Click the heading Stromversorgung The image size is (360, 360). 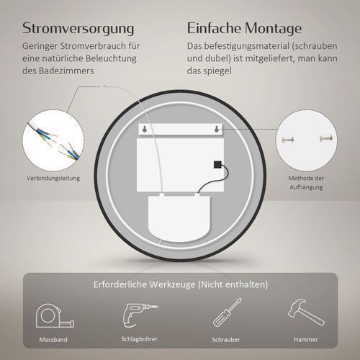point(78,29)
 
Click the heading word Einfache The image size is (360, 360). point(214,28)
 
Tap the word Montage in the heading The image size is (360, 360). point(273,29)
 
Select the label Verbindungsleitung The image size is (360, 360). point(53,179)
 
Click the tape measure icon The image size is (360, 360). point(55,316)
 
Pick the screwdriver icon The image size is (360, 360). point(228,312)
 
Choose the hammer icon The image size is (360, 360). point(306,312)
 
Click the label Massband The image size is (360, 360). point(53,340)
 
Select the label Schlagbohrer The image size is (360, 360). point(140,339)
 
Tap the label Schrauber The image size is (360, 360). point(226,340)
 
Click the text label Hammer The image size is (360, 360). point(306,340)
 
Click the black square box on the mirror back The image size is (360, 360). point(217,165)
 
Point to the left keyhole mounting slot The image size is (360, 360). point(145,130)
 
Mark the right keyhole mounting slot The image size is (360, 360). point(217,130)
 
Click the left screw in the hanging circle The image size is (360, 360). point(288,139)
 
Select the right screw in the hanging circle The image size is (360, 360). point(326,138)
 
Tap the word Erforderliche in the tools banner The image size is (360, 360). point(120,284)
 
